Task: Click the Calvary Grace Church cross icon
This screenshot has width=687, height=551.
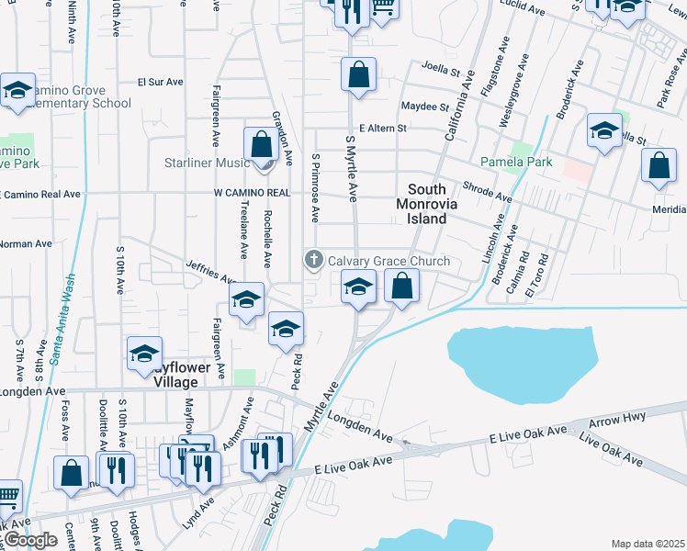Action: click(x=314, y=260)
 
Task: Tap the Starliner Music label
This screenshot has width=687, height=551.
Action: click(x=207, y=163)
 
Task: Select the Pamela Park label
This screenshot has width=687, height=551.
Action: click(x=520, y=162)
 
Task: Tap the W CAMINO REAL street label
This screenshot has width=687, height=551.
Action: click(x=252, y=193)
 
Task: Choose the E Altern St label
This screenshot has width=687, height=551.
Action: click(x=383, y=129)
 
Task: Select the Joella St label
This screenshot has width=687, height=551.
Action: click(x=439, y=66)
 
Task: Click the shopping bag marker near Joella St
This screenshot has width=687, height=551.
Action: click(x=358, y=75)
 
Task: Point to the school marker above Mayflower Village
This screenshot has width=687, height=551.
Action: click(x=144, y=354)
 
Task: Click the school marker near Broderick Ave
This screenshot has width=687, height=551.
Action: click(x=604, y=132)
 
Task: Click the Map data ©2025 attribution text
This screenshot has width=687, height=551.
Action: click(x=648, y=544)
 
